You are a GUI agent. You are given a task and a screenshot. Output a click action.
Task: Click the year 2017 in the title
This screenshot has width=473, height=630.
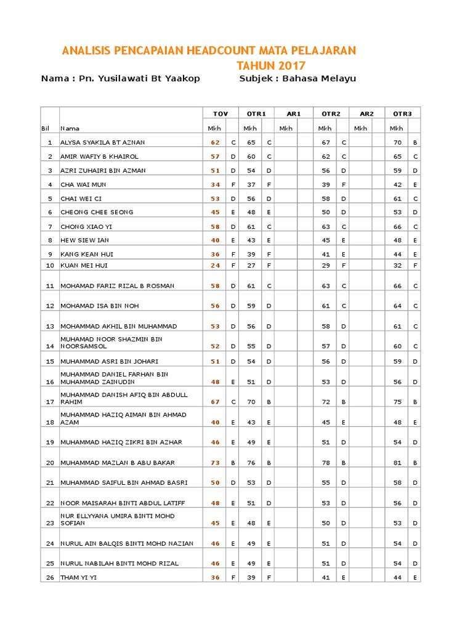point(292,66)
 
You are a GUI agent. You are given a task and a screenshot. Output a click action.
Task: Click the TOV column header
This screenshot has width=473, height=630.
point(220,114)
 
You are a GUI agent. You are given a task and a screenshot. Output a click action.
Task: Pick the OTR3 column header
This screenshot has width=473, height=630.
point(403,114)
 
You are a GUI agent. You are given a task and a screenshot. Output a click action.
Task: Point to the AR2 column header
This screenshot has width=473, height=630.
point(366,114)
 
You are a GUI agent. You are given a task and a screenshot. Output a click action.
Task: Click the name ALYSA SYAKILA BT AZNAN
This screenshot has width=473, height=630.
point(102,142)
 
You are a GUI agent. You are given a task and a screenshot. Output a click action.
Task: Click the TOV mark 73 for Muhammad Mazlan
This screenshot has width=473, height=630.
point(215,463)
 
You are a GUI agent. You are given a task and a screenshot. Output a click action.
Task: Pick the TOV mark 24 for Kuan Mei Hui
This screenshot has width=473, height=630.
point(215,266)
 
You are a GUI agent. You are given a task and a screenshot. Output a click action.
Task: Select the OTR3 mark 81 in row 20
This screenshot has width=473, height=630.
point(397,463)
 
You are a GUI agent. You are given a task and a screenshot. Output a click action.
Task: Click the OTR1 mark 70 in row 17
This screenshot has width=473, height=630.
point(251,402)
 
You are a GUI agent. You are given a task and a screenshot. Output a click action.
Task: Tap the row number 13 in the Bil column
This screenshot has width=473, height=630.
point(50,326)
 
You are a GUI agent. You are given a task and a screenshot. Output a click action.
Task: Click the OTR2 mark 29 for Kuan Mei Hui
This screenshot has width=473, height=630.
point(326,266)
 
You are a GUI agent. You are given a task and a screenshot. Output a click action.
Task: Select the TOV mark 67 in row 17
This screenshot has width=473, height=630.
point(215,402)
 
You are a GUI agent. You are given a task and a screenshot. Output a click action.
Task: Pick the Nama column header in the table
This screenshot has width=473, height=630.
point(69,129)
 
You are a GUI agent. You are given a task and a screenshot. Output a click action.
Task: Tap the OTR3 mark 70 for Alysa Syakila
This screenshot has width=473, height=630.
point(397,142)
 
